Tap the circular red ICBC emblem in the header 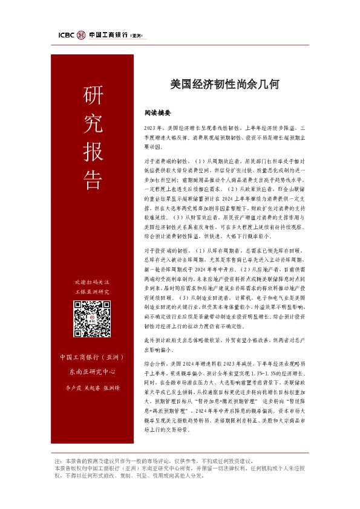[81, 35]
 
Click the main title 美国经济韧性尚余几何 [223, 85]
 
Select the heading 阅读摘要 [158, 112]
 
